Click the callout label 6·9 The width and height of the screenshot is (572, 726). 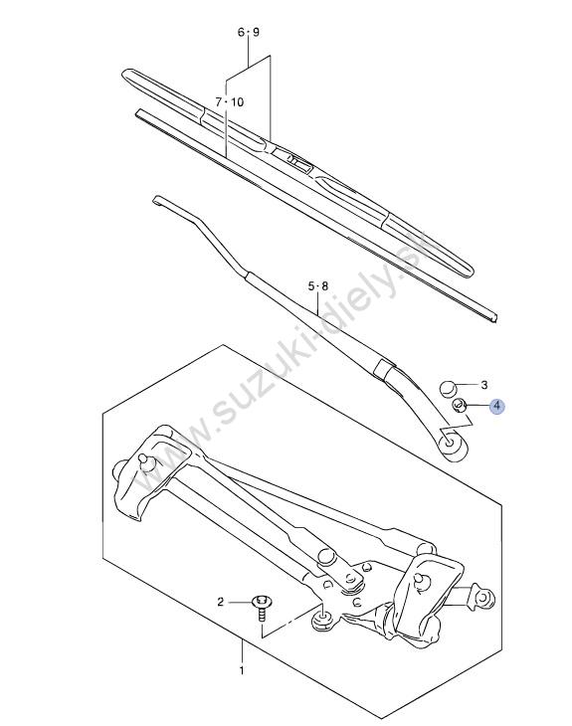pos(249,33)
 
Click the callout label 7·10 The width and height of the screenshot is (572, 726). pos(229,101)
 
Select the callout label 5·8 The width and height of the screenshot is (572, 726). pos(318,286)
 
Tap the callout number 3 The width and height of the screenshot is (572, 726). pos(484,385)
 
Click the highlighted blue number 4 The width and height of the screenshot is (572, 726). pos(497,407)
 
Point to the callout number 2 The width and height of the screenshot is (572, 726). pos(221,602)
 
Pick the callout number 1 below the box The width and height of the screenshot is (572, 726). pos(242,670)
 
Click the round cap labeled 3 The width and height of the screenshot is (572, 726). pos(447,388)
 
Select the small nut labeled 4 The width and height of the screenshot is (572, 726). pos(459,406)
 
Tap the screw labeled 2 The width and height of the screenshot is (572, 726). pos(262,609)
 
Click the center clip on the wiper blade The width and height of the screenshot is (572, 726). pos(295,161)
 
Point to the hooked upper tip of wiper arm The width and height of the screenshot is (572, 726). pos(156,200)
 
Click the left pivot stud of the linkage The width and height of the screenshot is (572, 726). pos(145,461)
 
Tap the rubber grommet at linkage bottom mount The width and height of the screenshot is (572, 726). pos(322,621)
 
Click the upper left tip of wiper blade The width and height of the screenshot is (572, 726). pos(126,74)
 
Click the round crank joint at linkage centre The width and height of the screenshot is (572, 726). pos(327,556)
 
